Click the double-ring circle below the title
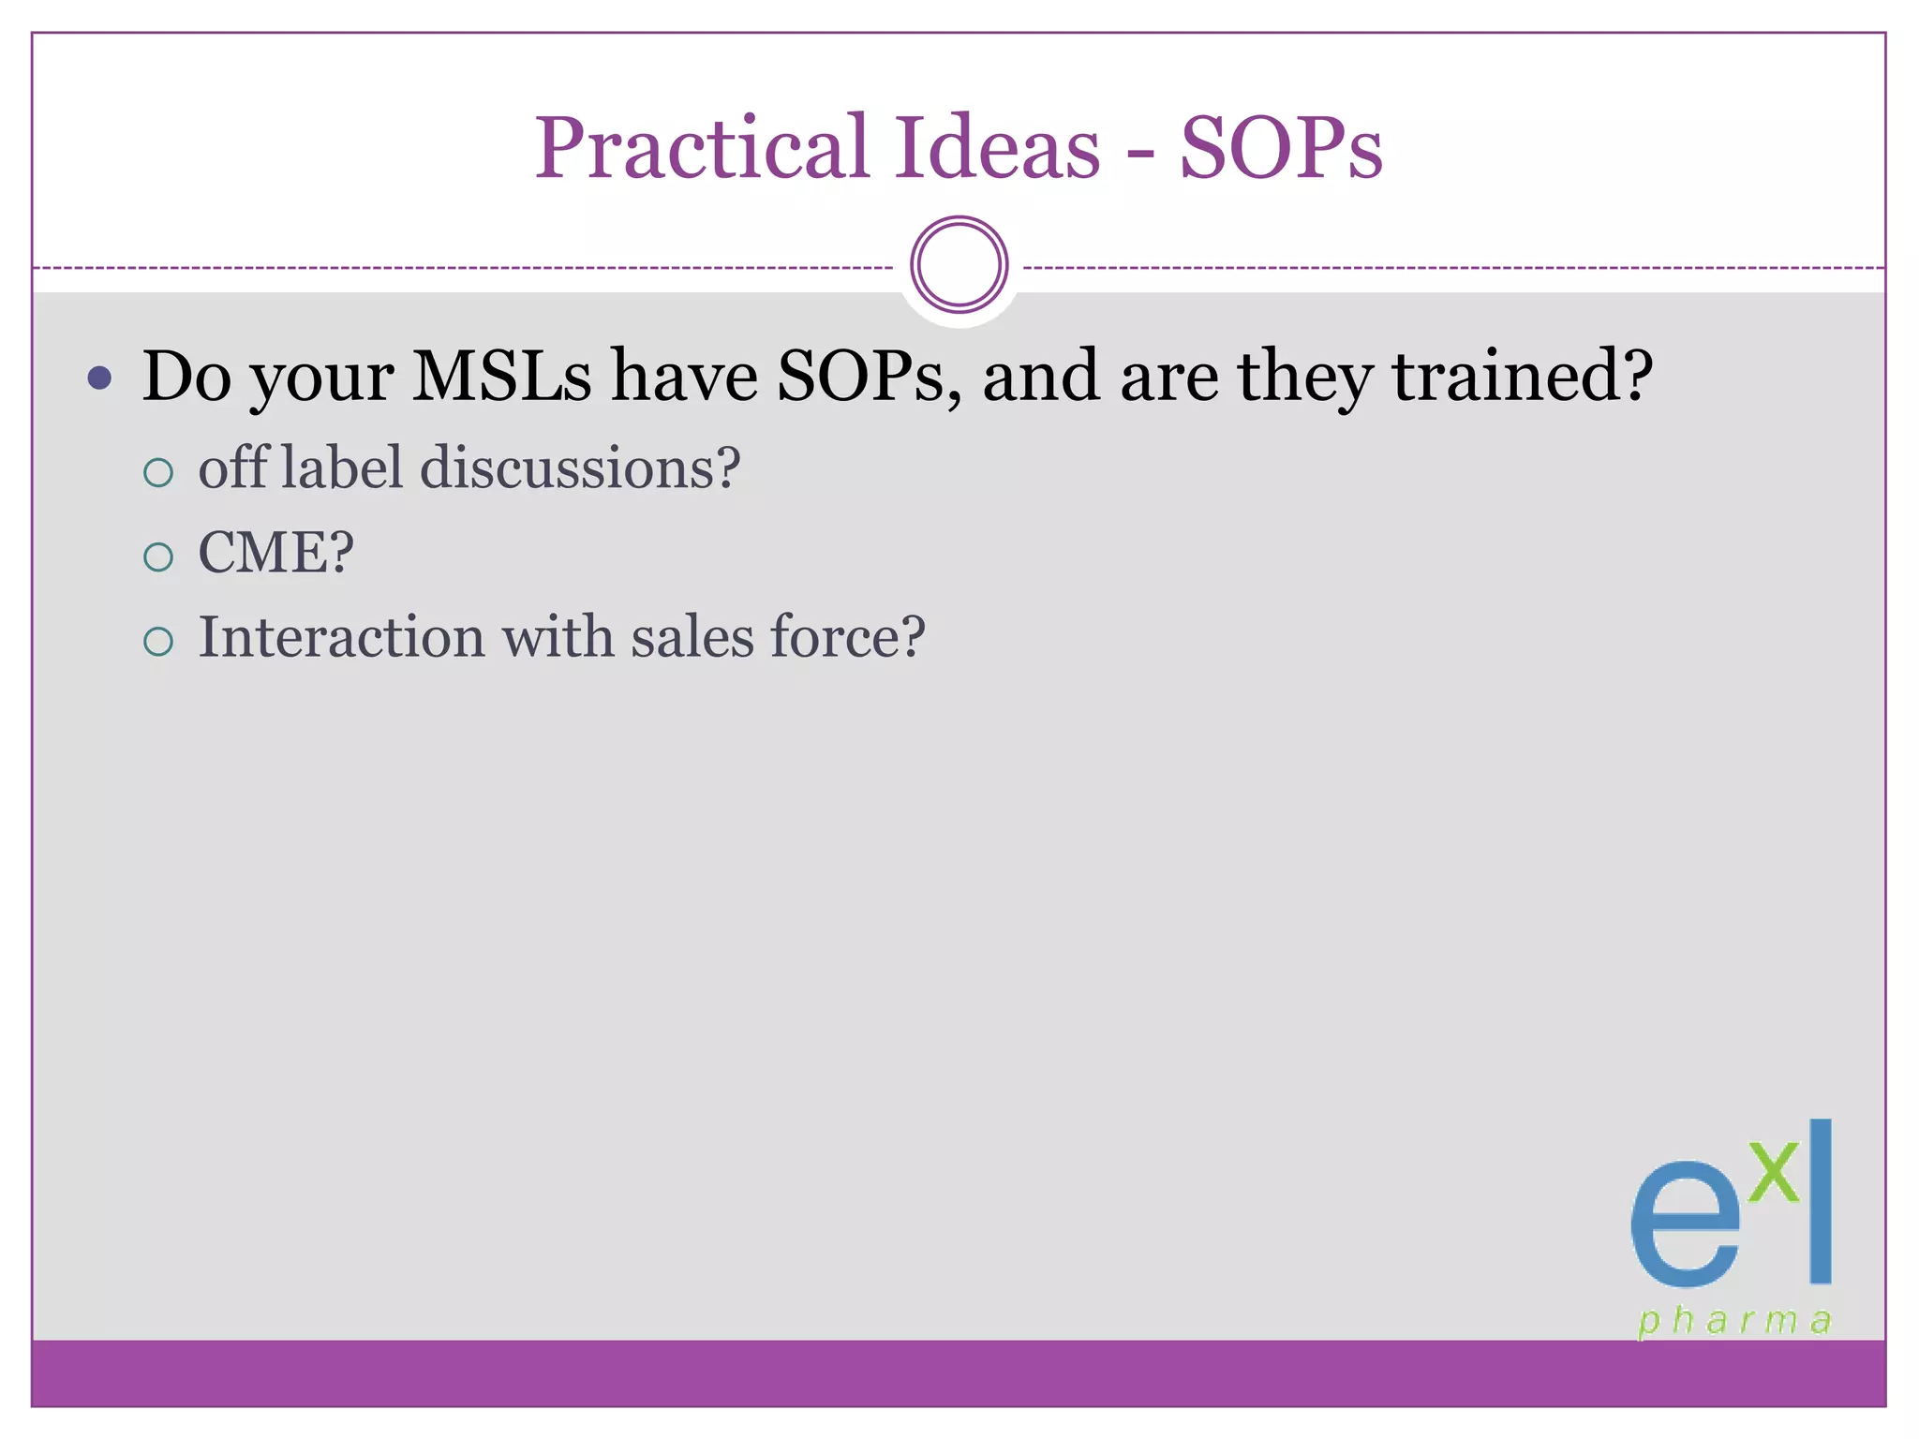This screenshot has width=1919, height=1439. coord(959,265)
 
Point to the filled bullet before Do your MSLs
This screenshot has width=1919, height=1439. coord(99,378)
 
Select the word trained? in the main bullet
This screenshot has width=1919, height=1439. coord(1522,377)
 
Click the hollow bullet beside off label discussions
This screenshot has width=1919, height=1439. coord(158,472)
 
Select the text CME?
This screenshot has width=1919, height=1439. coord(275,552)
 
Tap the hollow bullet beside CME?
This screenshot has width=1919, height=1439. coord(158,557)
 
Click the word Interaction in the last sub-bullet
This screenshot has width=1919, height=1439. coord(341,637)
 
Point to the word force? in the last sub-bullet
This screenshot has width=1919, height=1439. coord(847,637)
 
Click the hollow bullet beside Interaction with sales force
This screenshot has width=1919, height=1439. coord(158,642)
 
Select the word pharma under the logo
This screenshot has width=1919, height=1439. coord(1734,1321)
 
